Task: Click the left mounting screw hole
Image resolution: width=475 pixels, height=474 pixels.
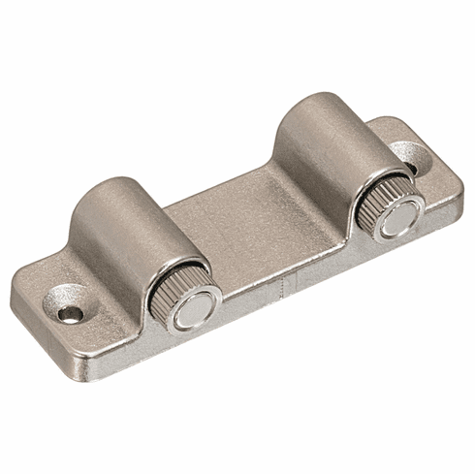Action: click(68, 312)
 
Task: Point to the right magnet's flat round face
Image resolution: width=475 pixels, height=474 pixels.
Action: click(398, 219)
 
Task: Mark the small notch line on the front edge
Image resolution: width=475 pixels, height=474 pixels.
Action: click(282, 287)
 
